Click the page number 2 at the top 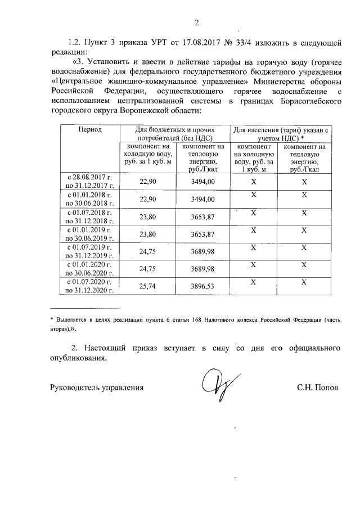(196, 23)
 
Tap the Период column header (90, 129)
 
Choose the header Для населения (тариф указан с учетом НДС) (280, 133)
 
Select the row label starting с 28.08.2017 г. (90, 181)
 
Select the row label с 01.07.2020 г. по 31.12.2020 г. (90, 286)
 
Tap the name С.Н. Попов (318, 388)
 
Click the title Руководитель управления (97, 388)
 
